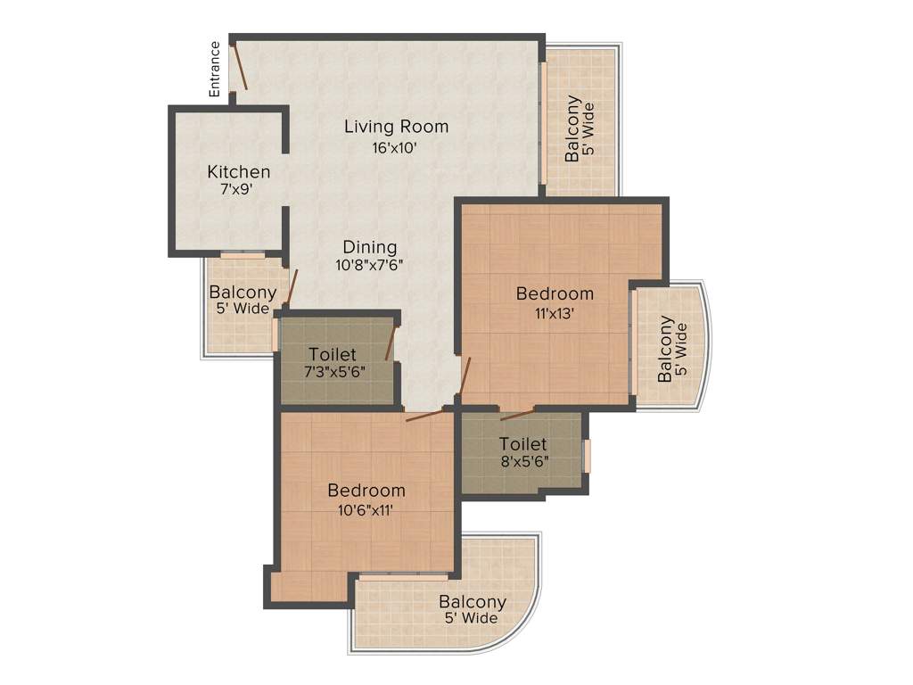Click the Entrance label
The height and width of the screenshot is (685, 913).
[x=214, y=69]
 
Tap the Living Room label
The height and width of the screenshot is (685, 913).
[x=396, y=127]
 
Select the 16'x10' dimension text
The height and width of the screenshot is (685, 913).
[x=396, y=148]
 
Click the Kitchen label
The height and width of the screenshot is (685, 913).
[x=239, y=172]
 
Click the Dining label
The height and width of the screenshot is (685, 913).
[x=371, y=247]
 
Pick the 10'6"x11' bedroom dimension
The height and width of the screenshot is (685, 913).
[x=366, y=510]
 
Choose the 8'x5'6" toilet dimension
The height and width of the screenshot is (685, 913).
[x=522, y=462]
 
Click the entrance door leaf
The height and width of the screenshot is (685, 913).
[x=239, y=68]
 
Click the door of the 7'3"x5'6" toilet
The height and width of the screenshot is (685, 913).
[x=390, y=343]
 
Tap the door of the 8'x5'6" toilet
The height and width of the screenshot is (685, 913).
[x=517, y=414]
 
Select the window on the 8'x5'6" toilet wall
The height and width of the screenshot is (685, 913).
[x=587, y=455]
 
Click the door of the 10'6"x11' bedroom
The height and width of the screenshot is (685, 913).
[x=424, y=416]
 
